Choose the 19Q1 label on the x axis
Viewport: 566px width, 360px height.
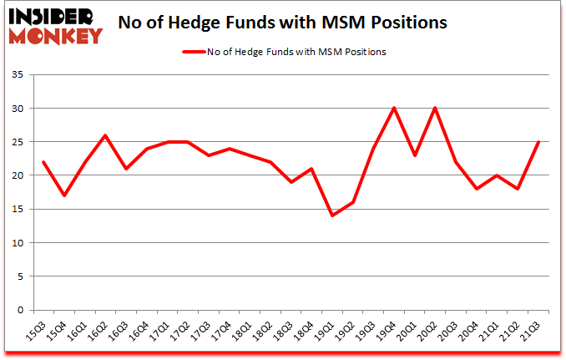pyautogui.click(x=326, y=331)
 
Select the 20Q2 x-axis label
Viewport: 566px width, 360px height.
pyautogui.click(x=430, y=331)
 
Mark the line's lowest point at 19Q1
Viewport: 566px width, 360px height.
pyautogui.click(x=333, y=215)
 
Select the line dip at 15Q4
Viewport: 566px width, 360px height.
pyautogui.click(x=64, y=195)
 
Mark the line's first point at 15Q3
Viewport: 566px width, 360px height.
pyautogui.click(x=43, y=162)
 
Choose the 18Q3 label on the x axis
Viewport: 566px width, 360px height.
pyautogui.click(x=286, y=331)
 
